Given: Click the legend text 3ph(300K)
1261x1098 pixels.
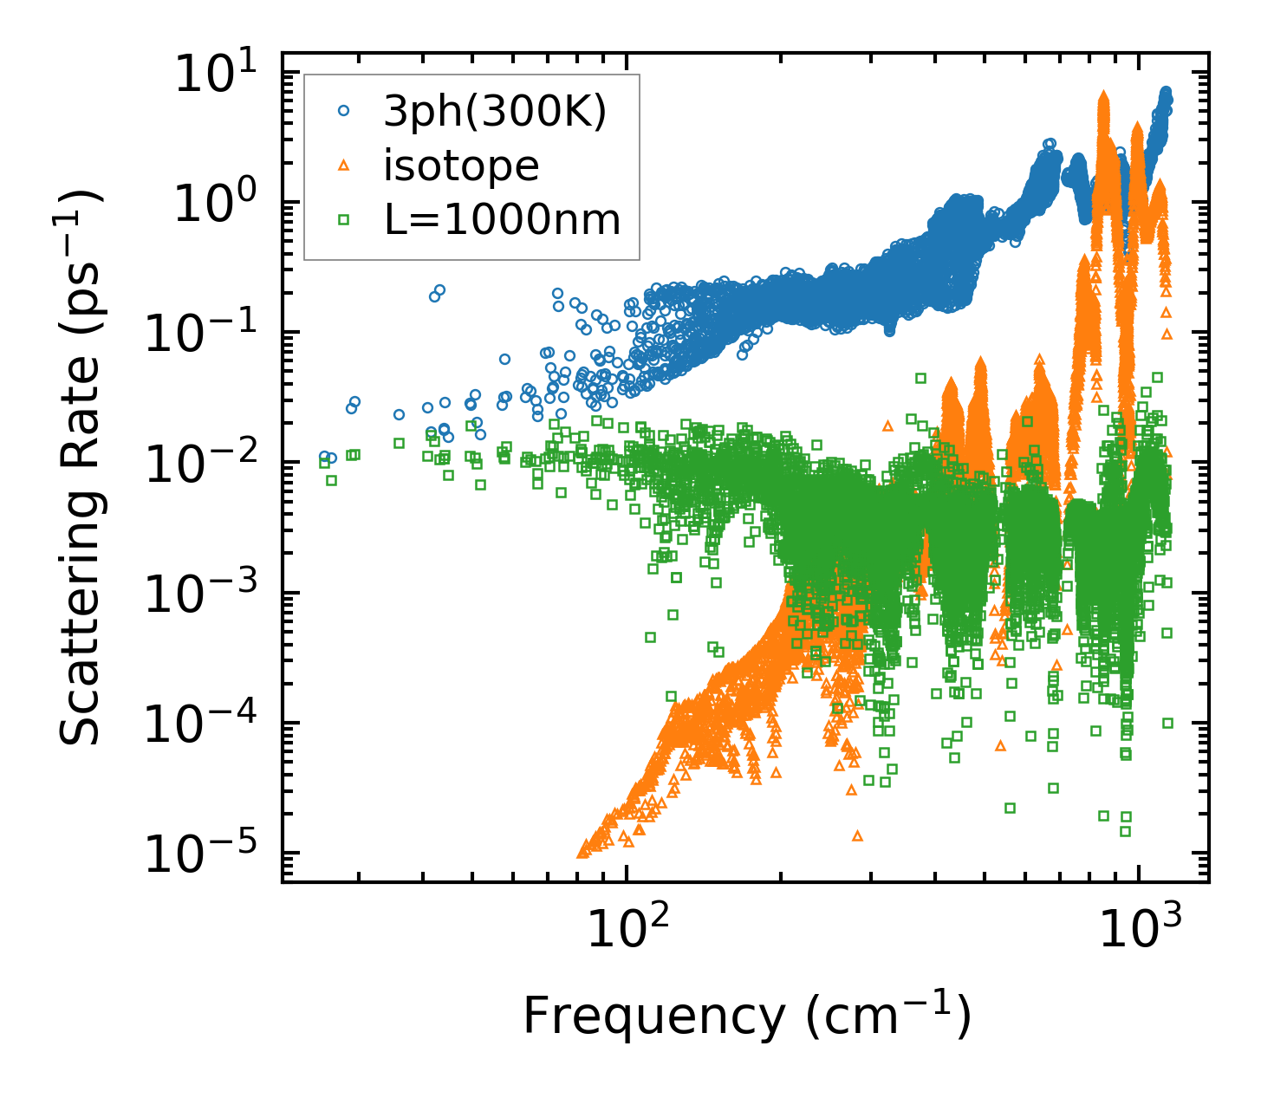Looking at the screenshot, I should tap(495, 111).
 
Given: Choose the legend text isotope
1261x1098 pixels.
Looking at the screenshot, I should tap(461, 166).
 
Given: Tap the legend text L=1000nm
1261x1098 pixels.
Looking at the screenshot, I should tap(502, 220).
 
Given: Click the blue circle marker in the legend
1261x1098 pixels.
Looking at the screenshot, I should tap(344, 111).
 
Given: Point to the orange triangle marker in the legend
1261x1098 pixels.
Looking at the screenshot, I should tap(344, 166).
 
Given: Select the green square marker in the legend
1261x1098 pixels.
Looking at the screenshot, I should tap(344, 220).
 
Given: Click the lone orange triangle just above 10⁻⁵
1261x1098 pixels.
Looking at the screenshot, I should tap(857, 835).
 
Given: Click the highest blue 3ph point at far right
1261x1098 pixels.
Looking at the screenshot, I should tap(1166, 91).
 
